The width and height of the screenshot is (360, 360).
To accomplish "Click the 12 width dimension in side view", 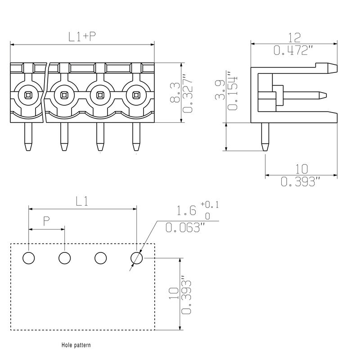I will pos(294,37).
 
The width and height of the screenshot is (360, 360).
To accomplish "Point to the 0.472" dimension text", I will pos(293,50).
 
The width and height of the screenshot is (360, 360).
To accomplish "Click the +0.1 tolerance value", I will pos(209,205).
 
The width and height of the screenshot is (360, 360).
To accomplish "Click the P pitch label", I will pos(46,221).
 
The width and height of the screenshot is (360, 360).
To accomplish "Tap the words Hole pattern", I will pos(76,346).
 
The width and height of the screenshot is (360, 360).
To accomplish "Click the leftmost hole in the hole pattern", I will pos(28,258).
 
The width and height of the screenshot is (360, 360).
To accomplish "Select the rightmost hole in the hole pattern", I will pos(137,258).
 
